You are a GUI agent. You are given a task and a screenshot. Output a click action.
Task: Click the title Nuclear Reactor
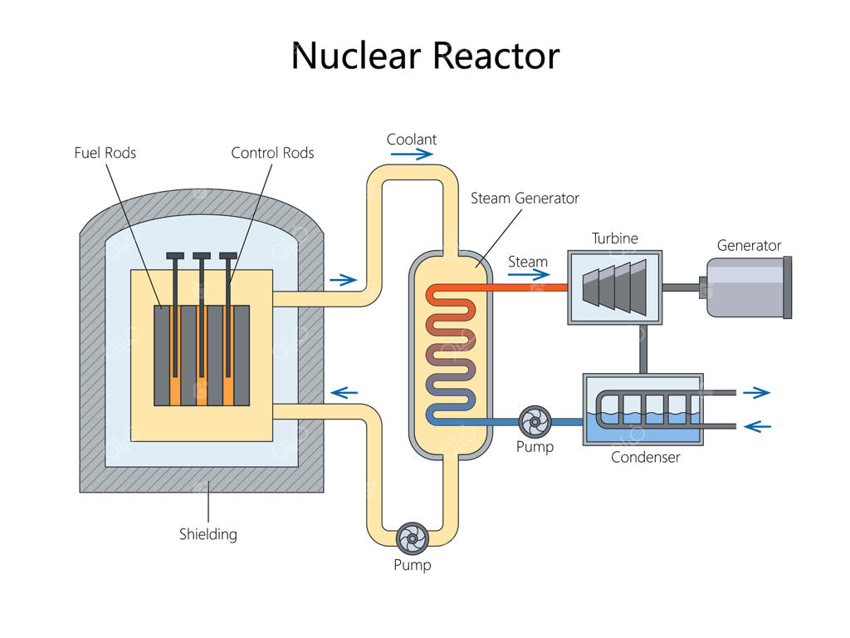point(425,56)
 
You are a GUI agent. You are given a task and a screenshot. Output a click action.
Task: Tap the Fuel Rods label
point(105,153)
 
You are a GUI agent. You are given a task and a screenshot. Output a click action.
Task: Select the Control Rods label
point(272,153)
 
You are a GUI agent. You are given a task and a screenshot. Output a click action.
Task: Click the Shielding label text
point(208,534)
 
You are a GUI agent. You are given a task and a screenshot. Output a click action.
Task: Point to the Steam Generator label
point(525,199)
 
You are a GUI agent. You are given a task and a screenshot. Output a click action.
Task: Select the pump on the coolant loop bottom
point(412,539)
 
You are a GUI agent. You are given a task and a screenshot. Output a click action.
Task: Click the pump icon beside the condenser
point(535,422)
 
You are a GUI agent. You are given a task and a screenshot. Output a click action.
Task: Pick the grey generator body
point(745,287)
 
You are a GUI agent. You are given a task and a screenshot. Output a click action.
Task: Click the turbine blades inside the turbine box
point(614,287)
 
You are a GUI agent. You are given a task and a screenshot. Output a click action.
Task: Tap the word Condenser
point(645,458)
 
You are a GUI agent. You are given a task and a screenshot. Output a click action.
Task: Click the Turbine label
point(615,239)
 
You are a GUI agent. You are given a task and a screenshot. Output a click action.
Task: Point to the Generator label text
point(749,246)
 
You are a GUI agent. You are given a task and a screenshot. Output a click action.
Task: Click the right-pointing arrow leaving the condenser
point(756,393)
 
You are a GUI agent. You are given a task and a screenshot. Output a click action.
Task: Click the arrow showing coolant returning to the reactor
point(344,392)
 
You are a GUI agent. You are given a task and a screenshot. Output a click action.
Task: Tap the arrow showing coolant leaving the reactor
point(343,280)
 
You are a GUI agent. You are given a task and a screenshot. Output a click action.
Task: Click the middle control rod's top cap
point(202,256)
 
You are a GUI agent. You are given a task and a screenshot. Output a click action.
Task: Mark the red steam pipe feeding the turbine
point(523,287)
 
